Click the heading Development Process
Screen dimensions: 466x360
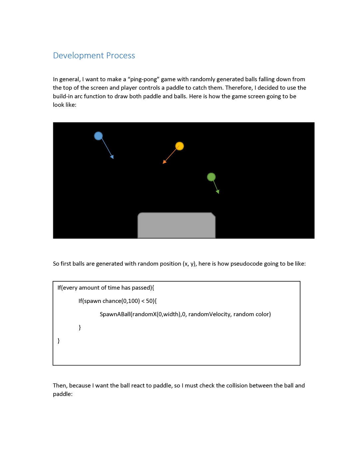tap(94, 56)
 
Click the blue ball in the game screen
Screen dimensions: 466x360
tap(98, 136)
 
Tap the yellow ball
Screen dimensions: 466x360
tap(180, 146)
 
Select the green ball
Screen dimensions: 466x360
tap(211, 177)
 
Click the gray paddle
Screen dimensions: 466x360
tap(176, 225)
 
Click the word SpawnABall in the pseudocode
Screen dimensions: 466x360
tap(115, 314)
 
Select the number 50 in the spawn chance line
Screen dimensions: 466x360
tap(149, 301)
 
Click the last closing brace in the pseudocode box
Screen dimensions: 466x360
tap(59, 341)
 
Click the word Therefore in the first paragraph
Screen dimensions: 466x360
tap(239, 88)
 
